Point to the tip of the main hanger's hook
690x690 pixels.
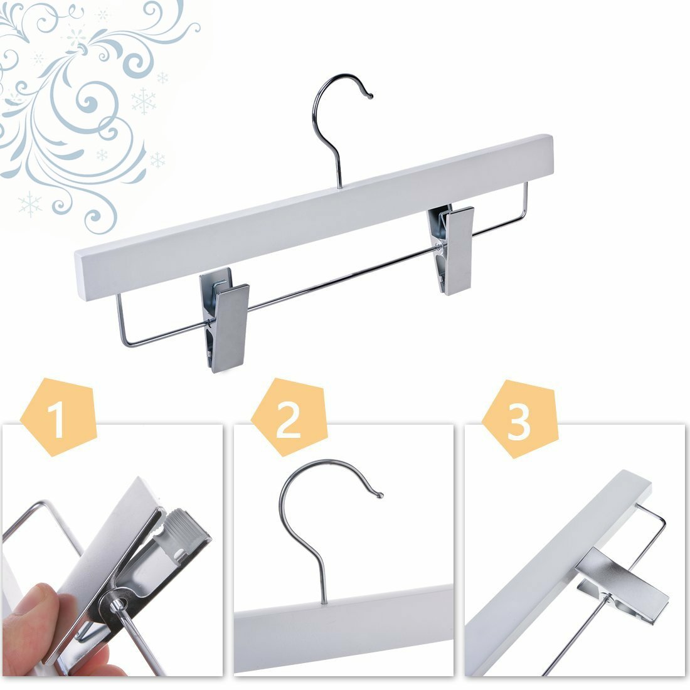[x=370, y=95]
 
